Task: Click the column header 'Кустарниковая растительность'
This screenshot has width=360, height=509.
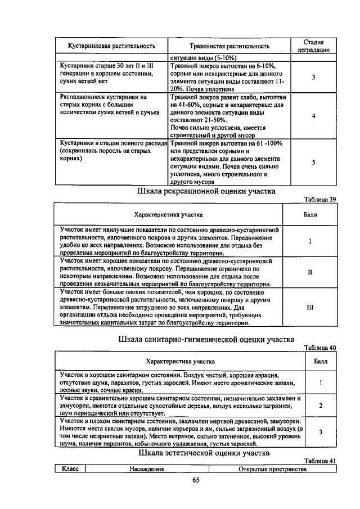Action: coord(112,46)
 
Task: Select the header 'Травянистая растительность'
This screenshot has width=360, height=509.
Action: coord(229,46)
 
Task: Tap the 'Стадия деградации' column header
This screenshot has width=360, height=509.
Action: coord(313,46)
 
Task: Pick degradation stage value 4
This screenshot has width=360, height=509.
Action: coord(313,116)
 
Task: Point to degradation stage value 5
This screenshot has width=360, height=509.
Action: coord(313,163)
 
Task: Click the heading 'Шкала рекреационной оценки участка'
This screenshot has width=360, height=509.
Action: coord(206,191)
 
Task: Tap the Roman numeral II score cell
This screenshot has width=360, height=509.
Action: coord(310,273)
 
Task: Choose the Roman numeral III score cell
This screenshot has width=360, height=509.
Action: coord(310,308)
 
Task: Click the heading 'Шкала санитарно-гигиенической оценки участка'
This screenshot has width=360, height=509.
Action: coord(206,339)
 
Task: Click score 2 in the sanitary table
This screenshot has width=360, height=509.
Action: coord(320,405)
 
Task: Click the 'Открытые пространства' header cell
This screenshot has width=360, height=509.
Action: coord(272,469)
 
